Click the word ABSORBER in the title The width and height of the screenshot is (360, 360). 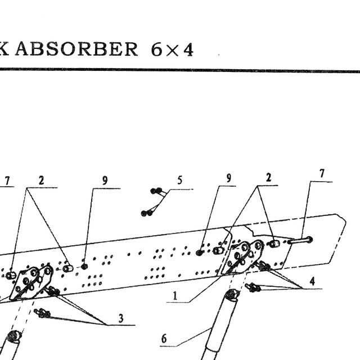coord(76,49)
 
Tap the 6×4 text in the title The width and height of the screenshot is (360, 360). coord(172,49)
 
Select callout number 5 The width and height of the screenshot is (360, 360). coord(180,180)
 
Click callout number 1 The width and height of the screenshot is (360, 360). coord(175,295)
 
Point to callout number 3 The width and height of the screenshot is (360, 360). coord(121,318)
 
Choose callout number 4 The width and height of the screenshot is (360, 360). coord(312,281)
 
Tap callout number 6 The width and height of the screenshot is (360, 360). coord(164,339)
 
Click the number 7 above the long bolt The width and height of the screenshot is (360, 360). coord(322,174)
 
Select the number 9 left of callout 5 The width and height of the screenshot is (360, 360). coord(105,181)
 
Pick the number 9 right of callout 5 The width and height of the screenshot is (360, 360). coord(228,178)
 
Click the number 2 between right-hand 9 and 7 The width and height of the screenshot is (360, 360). coord(268,178)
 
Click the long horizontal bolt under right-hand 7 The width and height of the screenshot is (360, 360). coord(300,240)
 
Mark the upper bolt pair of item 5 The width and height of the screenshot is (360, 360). coord(156,191)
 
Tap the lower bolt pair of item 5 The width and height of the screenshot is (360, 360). coord(147,213)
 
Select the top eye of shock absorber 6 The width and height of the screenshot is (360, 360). coord(232,294)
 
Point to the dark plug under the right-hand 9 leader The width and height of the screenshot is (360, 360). coord(200,253)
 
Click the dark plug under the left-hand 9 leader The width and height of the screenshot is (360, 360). coord(84,267)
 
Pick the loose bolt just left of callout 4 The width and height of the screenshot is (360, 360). coord(253,287)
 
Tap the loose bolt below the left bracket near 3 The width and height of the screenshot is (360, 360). coord(42,313)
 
